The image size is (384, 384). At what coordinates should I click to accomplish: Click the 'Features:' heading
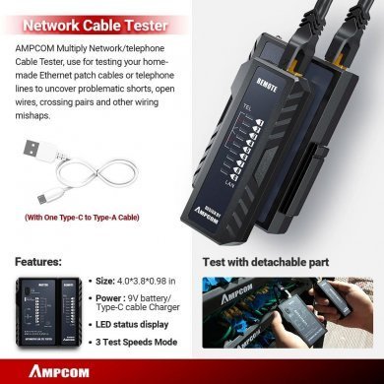[x=40, y=263]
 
